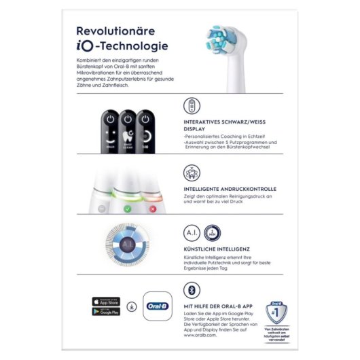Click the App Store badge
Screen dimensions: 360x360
pos(105,300)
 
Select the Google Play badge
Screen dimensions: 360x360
pos(105,311)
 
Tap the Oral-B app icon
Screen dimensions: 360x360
pos(158,306)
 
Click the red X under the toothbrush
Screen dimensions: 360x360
pos(152,209)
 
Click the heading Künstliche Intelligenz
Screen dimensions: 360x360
pos(217,250)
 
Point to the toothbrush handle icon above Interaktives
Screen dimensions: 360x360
pos(192,106)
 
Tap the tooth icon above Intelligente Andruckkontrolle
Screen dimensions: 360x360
pos(192,171)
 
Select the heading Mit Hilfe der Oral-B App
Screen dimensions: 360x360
pos(223,307)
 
